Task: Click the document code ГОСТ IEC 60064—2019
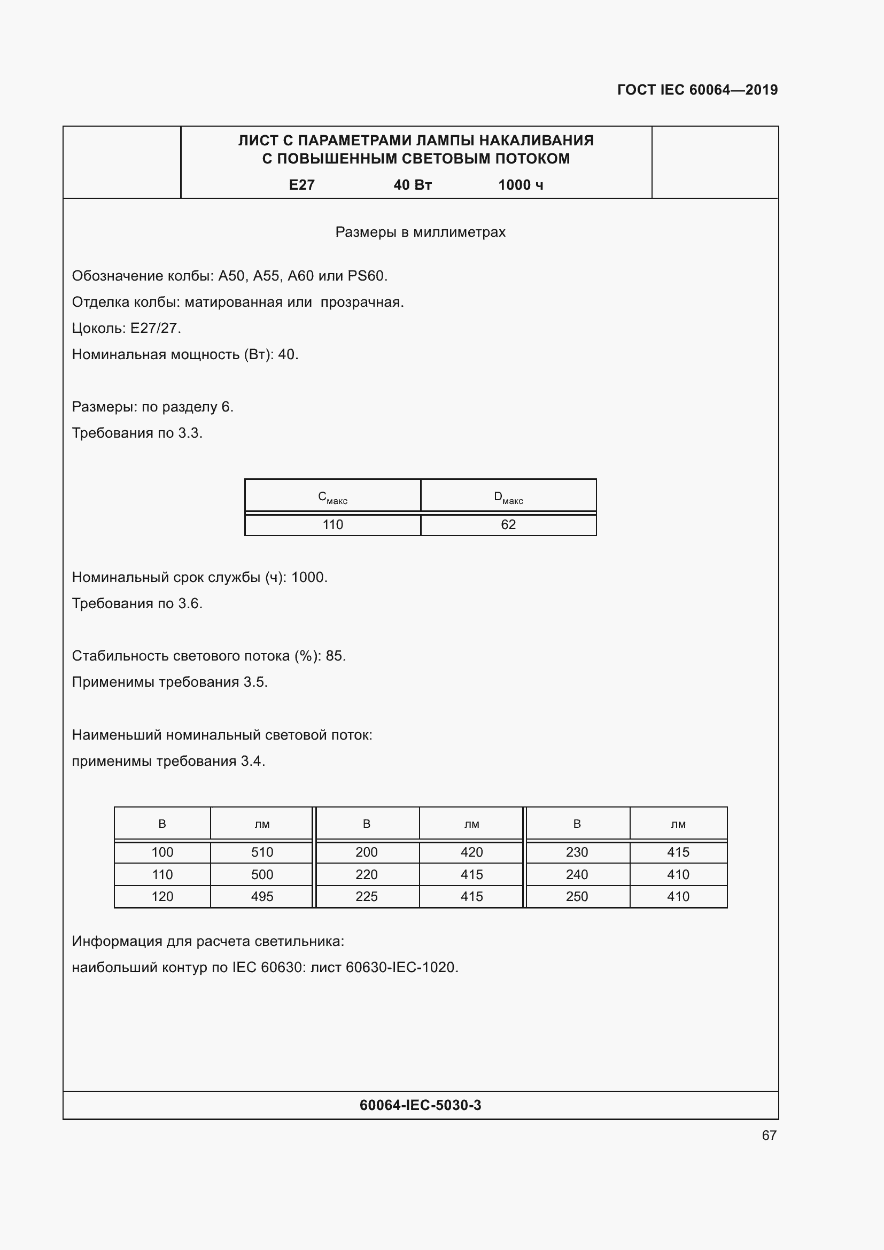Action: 697,90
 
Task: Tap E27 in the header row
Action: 301,185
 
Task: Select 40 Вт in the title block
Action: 413,185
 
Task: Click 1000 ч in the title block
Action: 521,185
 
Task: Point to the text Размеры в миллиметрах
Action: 420,232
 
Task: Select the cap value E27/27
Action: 154,328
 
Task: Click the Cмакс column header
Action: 332,498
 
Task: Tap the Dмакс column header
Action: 508,498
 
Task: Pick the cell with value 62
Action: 508,525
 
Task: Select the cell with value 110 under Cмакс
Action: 332,525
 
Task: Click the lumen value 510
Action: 262,852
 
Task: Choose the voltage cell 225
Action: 366,897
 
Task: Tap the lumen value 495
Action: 262,897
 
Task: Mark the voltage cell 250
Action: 577,897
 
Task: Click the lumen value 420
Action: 471,852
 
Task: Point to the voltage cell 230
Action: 577,852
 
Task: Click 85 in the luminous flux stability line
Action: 334,656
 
